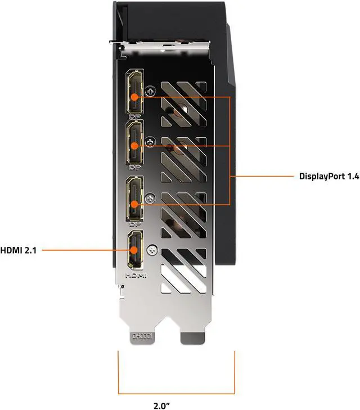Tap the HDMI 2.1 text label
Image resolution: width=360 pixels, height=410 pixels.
(19, 249)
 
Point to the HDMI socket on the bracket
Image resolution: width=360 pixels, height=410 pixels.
(135, 250)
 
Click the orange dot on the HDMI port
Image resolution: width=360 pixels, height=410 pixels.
(135, 249)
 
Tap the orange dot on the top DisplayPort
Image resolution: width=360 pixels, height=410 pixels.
(135, 96)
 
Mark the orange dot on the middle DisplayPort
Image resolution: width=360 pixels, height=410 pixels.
(135, 146)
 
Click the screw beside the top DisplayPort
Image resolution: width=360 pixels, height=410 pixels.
(150, 90)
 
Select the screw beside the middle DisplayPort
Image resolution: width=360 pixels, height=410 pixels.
(150, 141)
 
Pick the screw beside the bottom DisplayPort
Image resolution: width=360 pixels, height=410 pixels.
(150, 197)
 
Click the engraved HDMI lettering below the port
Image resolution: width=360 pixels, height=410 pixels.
(135, 276)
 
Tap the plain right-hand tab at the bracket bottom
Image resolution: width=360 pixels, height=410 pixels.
(192, 337)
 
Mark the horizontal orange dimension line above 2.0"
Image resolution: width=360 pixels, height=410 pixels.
(175, 393)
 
